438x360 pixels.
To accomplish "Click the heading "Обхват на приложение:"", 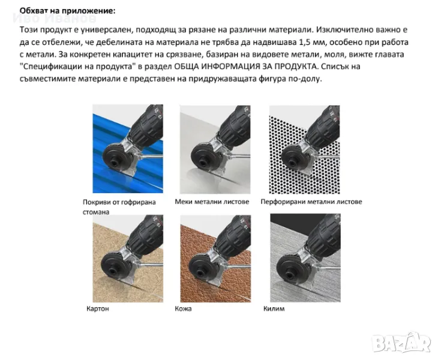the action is (67, 11).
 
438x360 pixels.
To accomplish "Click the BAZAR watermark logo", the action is (401, 343).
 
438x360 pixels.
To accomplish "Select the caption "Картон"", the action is (97, 308).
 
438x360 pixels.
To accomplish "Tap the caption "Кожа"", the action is (183, 308).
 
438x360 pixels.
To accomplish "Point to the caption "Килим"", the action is (274, 308).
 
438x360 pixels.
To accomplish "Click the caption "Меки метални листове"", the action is (212, 202).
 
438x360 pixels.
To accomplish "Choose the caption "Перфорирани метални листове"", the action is (311, 202).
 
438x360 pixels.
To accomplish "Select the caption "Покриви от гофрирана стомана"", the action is (119, 207).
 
